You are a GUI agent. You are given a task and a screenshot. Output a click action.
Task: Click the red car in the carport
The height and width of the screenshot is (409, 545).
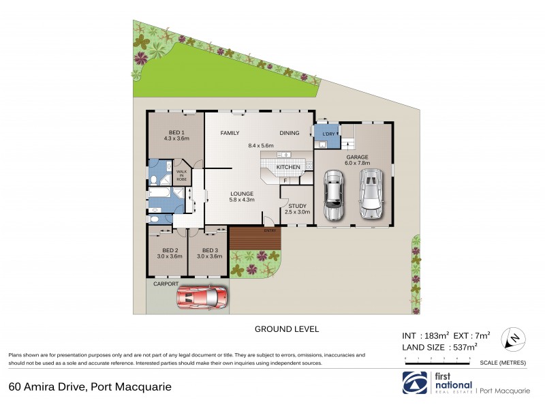click(202, 297)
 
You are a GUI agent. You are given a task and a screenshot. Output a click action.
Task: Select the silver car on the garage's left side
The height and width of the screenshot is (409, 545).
click(333, 196)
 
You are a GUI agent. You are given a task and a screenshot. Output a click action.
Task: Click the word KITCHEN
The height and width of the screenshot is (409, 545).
click(287, 167)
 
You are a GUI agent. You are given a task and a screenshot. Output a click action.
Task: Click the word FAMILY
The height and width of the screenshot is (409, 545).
click(230, 133)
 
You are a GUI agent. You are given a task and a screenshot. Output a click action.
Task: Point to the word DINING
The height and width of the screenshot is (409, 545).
click(290, 133)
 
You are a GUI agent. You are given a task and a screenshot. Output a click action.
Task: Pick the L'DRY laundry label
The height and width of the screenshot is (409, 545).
click(322, 133)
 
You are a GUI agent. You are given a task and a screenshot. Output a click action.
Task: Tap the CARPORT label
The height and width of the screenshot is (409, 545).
click(166, 284)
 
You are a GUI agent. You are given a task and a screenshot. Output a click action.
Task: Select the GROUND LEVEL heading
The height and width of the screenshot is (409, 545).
click(287, 329)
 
